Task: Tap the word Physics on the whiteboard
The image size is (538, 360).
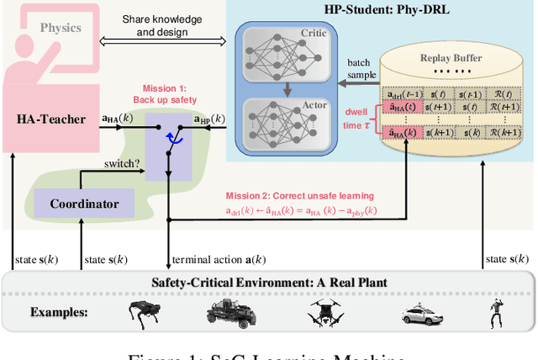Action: point(61,27)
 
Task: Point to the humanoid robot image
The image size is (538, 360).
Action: point(495,313)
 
